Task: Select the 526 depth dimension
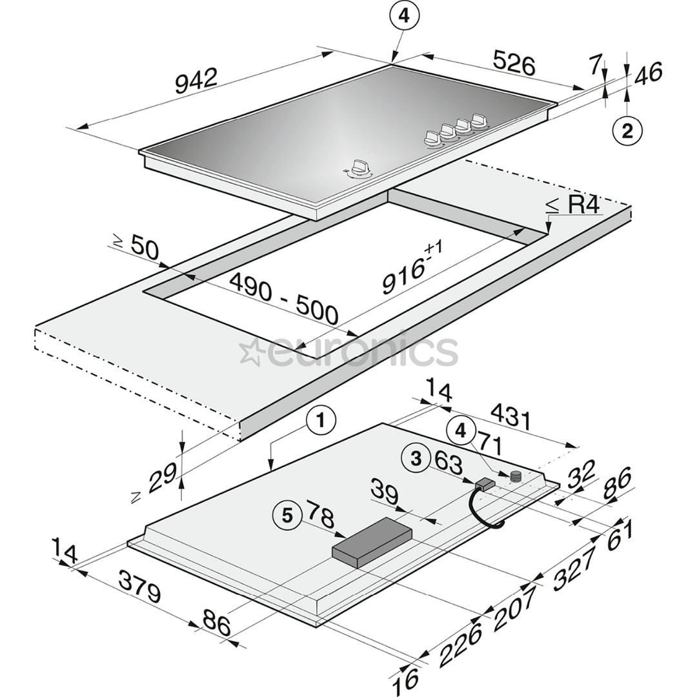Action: (514, 63)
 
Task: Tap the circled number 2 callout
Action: (627, 131)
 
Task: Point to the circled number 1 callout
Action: (321, 423)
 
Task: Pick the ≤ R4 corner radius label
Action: (573, 206)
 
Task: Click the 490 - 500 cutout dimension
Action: (284, 299)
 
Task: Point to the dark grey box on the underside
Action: (372, 541)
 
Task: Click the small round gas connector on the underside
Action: (516, 476)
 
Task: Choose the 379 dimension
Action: (140, 587)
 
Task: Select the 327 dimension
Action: (567, 568)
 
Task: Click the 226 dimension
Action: (461, 644)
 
